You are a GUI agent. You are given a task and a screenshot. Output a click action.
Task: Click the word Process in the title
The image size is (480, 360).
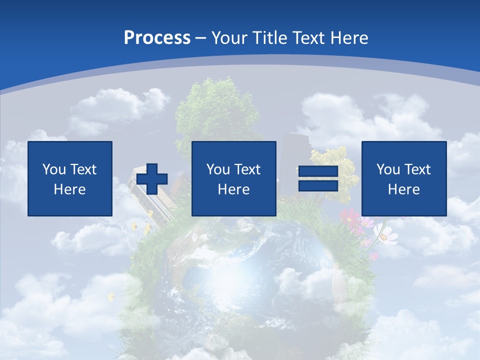(x=157, y=38)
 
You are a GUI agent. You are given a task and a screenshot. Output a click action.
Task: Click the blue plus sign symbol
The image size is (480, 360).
(x=152, y=179)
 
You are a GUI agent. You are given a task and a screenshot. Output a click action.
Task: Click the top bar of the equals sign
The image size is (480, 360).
(x=318, y=171)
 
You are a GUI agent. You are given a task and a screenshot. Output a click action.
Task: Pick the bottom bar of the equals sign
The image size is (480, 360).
(x=318, y=186)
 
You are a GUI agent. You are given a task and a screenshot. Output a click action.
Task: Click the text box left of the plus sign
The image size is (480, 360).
(x=70, y=178)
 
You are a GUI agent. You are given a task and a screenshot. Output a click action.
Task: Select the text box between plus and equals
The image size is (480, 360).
(x=234, y=178)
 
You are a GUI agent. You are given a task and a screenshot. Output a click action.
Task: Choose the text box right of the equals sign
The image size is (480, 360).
(x=404, y=178)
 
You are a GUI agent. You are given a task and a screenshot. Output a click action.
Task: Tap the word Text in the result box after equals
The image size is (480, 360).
(x=417, y=169)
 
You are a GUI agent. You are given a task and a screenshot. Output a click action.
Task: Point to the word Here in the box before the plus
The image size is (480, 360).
(x=70, y=189)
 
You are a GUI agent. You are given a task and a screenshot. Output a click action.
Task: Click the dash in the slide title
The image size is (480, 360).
(x=201, y=38)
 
